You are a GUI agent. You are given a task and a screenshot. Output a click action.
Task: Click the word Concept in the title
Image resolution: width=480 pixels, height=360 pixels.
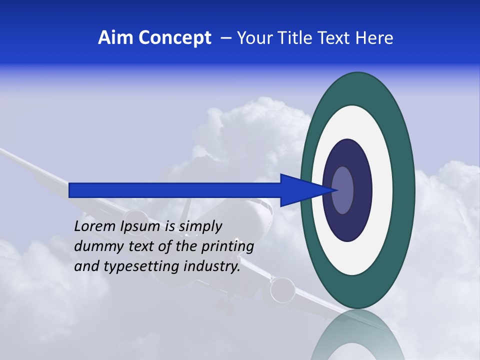pos(174,38)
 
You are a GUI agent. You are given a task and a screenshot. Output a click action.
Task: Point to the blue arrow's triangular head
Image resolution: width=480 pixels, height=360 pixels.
pos(300,190)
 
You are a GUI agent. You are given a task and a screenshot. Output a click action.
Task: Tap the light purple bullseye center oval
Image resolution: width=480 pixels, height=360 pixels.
pos(343,190)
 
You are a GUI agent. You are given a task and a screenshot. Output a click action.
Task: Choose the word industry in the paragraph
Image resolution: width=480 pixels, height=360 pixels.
pos(212,266)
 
